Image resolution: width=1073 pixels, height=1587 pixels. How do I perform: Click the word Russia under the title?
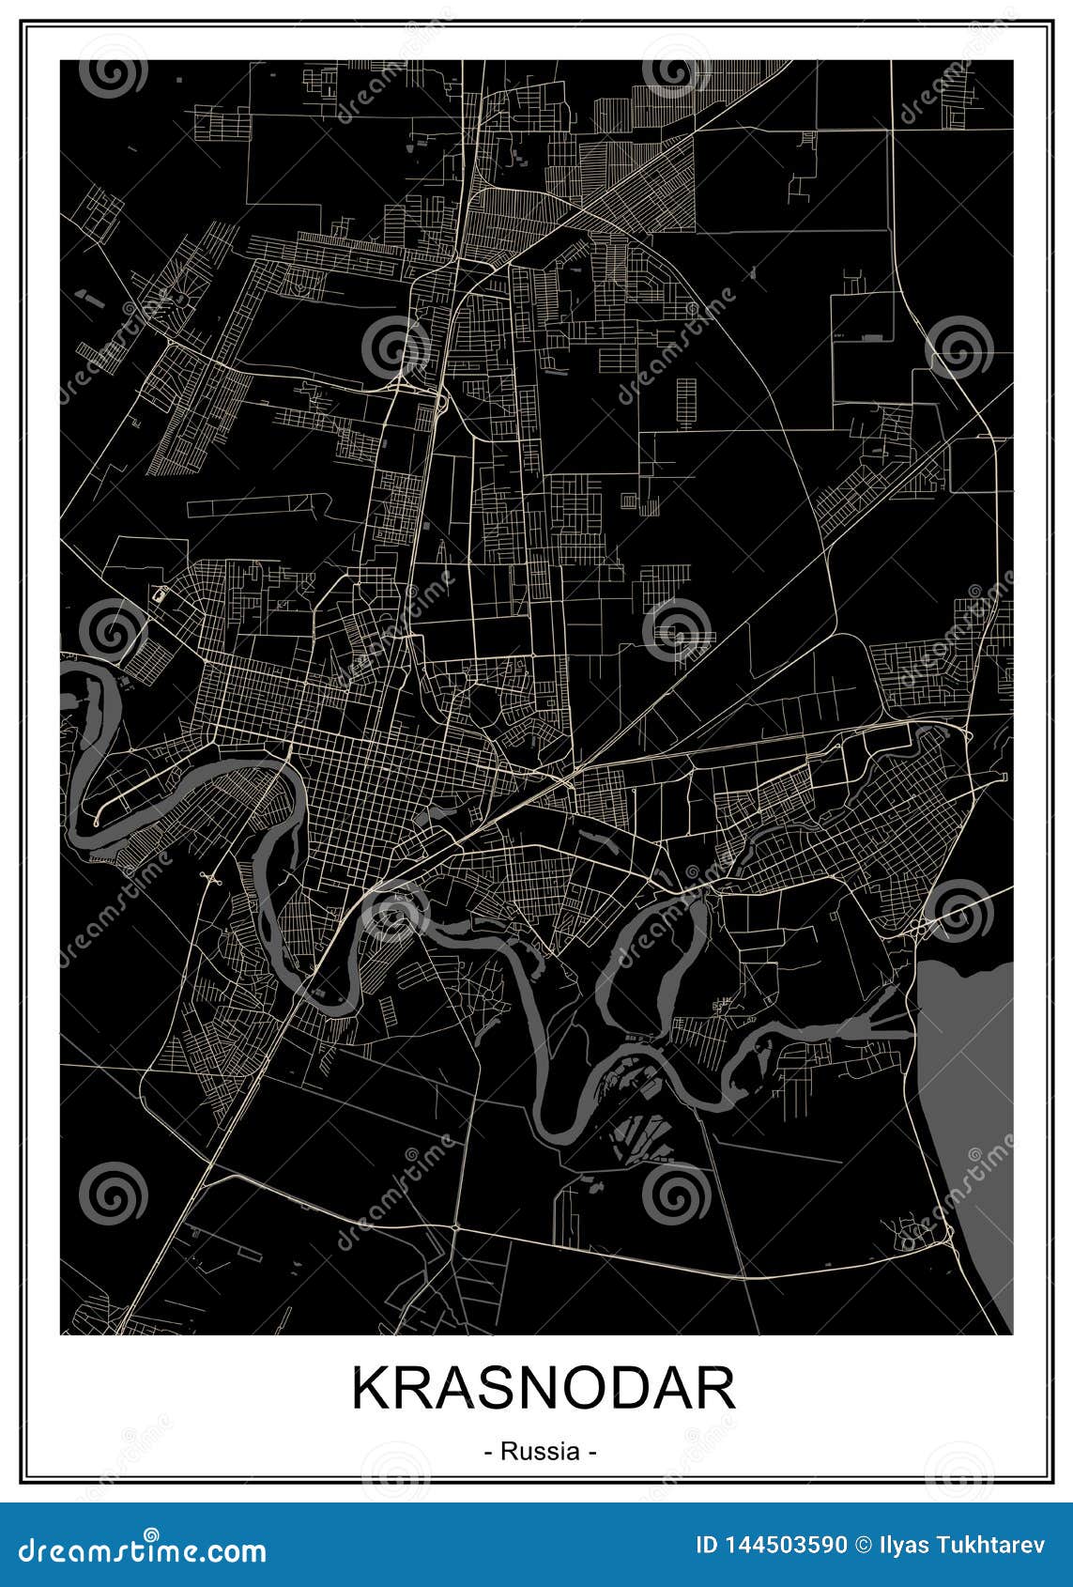tap(540, 1451)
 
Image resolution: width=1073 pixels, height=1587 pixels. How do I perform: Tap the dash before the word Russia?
tap(489, 1452)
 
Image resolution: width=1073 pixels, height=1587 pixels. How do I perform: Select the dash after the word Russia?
tap(591, 1452)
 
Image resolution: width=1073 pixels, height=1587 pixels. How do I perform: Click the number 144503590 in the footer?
tap(784, 1545)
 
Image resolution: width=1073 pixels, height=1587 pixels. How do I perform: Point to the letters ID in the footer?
tap(706, 1545)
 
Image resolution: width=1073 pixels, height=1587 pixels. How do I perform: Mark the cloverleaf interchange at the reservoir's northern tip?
tap(922, 928)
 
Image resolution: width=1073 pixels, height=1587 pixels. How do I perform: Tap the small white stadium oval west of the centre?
tap(159, 593)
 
